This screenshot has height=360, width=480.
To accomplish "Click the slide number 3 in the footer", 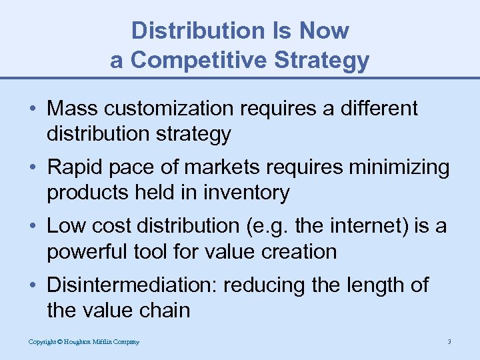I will point(449,342).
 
